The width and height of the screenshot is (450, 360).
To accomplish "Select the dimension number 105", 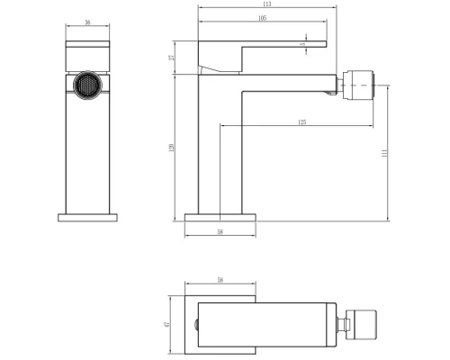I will pyautogui.click(x=237, y=17).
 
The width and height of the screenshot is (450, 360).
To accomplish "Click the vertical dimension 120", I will pyautogui.click(x=172, y=148).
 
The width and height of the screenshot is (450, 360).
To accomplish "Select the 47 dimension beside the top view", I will pyautogui.click(x=168, y=322).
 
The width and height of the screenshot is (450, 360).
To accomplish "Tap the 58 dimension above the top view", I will pyautogui.click(x=221, y=281).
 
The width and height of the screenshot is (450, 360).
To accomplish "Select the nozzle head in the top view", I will pyautogui.click(x=353, y=323).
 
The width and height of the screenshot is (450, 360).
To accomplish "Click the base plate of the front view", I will pyautogui.click(x=88, y=217).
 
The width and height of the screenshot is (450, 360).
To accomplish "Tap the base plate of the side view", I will pyautogui.click(x=221, y=217).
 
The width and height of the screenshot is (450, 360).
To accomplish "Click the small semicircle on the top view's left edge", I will pyautogui.click(x=195, y=323).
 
